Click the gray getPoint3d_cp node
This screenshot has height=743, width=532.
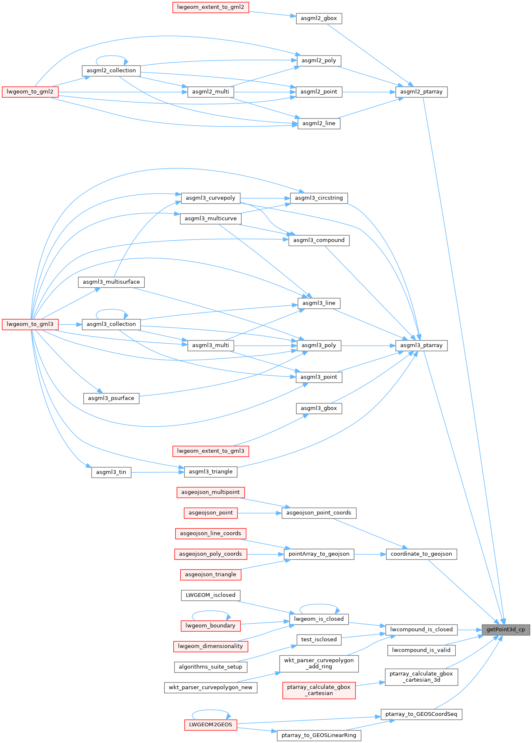(505, 630)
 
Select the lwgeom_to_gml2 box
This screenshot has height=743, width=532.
(30, 92)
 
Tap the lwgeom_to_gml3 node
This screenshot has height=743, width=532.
(30, 324)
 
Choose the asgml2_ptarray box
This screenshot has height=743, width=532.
(421, 92)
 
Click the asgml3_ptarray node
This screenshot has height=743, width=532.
(421, 345)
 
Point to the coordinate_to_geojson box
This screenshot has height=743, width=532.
(421, 554)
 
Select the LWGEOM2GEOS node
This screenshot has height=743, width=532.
(210, 725)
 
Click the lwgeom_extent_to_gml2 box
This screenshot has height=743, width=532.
(210, 7)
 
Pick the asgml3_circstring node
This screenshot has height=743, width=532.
(319, 198)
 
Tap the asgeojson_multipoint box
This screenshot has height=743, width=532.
(210, 492)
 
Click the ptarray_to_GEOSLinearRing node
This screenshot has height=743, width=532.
(319, 735)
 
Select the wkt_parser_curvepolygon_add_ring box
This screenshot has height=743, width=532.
(319, 663)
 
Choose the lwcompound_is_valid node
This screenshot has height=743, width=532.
(421, 650)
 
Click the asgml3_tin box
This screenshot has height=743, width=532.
(111, 472)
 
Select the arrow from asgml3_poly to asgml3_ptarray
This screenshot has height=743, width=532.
(368, 345)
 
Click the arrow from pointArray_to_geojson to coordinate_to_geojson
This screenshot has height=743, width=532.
(370, 554)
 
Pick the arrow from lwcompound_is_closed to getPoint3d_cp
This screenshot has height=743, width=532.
(470, 630)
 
